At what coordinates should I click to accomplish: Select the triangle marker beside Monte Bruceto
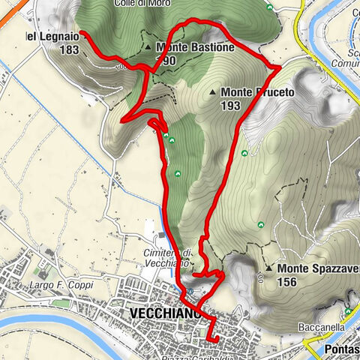(x=214, y=92)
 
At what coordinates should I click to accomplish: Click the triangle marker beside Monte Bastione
(x=148, y=47)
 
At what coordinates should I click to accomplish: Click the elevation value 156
(x=286, y=282)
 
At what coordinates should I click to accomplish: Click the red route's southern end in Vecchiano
(x=217, y=340)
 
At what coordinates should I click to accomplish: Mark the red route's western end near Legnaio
(x=81, y=33)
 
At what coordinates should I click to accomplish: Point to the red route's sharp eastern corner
(x=280, y=67)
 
